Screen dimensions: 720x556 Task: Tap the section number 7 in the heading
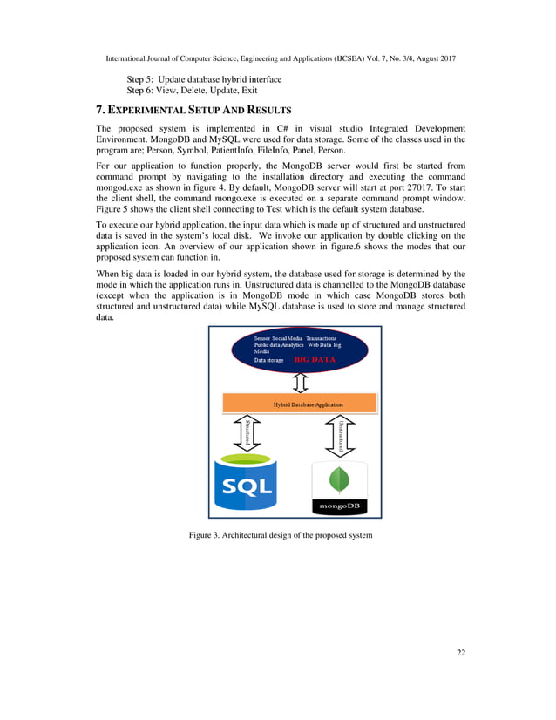tap(99, 111)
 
